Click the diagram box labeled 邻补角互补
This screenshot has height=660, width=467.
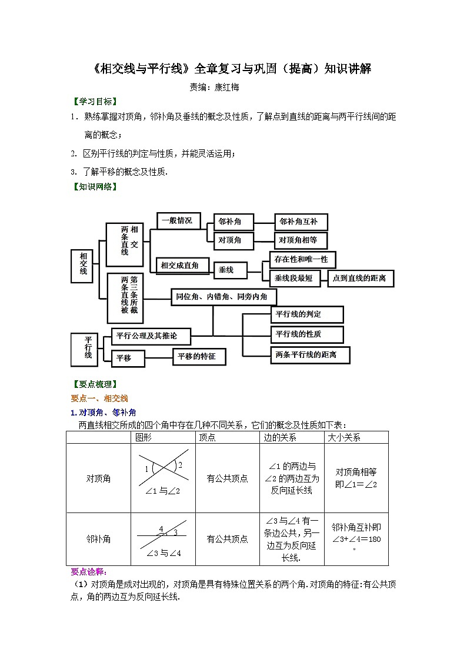301,222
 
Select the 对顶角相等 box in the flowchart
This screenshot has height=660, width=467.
301,240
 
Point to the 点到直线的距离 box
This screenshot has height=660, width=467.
359,278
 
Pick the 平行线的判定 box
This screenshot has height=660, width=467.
306,314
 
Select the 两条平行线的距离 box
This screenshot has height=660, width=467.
310,354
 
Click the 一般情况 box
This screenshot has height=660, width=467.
178,221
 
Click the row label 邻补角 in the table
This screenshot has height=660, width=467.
98,538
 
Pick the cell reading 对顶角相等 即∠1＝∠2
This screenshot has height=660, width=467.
356,478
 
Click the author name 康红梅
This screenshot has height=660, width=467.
226,86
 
